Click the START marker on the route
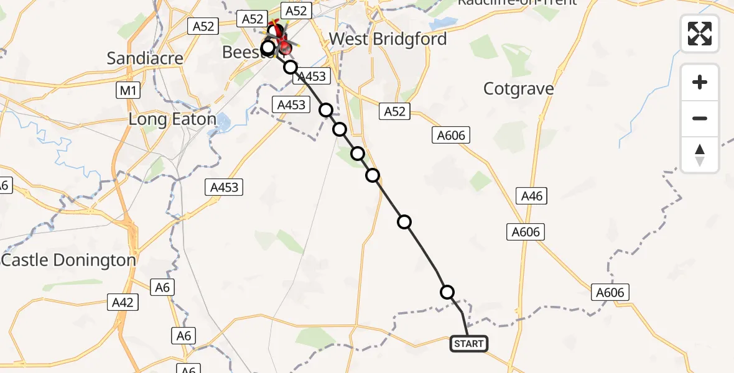coord(468,344)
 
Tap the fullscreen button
coord(700,33)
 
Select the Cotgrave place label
coord(518,89)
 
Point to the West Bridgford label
coord(388,39)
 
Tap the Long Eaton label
coord(172,119)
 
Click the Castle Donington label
coord(69,260)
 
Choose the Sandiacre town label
coord(145,58)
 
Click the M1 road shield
coord(128,91)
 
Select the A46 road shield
coord(532,196)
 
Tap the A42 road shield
coord(123,303)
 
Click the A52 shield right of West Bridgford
coord(394,111)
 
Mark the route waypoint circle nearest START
coord(447,292)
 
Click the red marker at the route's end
coord(285,47)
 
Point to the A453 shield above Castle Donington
coord(224,186)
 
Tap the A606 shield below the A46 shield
coord(526,232)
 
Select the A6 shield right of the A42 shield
coord(162,287)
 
